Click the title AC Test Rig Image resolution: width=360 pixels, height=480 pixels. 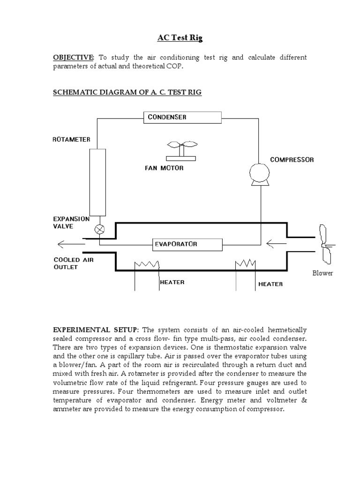pos(180,38)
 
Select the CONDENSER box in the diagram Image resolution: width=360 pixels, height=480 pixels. pos(182,117)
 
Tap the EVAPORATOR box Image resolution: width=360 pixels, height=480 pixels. pos(188,244)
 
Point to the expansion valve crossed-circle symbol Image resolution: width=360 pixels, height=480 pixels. pos(100,229)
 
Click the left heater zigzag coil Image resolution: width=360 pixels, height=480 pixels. pos(147,265)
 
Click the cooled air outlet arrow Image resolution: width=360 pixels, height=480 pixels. pos(66,244)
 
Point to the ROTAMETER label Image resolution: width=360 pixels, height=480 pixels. pos(72,139)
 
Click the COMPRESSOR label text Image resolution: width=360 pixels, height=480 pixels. pos(292,160)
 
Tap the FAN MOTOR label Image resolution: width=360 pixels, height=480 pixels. pos(164,168)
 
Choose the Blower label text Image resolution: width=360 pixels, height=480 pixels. pos(322,273)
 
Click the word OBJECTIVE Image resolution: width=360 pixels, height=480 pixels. pos(73,58)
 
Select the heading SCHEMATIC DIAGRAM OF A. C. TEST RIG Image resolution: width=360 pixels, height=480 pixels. pos(127,92)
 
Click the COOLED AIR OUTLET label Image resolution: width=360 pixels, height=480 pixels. pos(73,263)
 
